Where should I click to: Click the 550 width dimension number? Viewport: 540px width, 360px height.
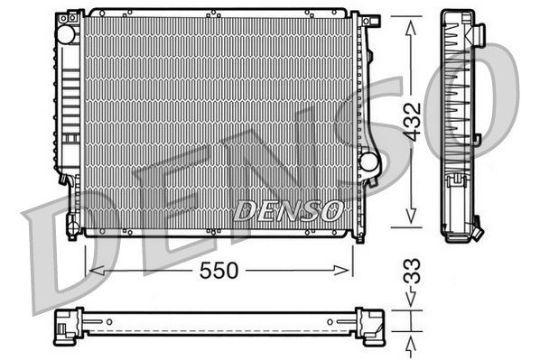[x=219, y=270]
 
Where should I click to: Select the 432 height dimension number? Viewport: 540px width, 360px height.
[x=412, y=120]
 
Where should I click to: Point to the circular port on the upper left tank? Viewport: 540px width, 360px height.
[x=65, y=34]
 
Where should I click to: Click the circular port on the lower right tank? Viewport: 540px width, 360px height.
[x=368, y=162]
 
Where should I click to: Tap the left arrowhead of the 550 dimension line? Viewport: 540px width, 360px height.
[x=91, y=270]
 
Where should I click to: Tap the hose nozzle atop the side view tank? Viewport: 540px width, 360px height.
[x=480, y=32]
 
